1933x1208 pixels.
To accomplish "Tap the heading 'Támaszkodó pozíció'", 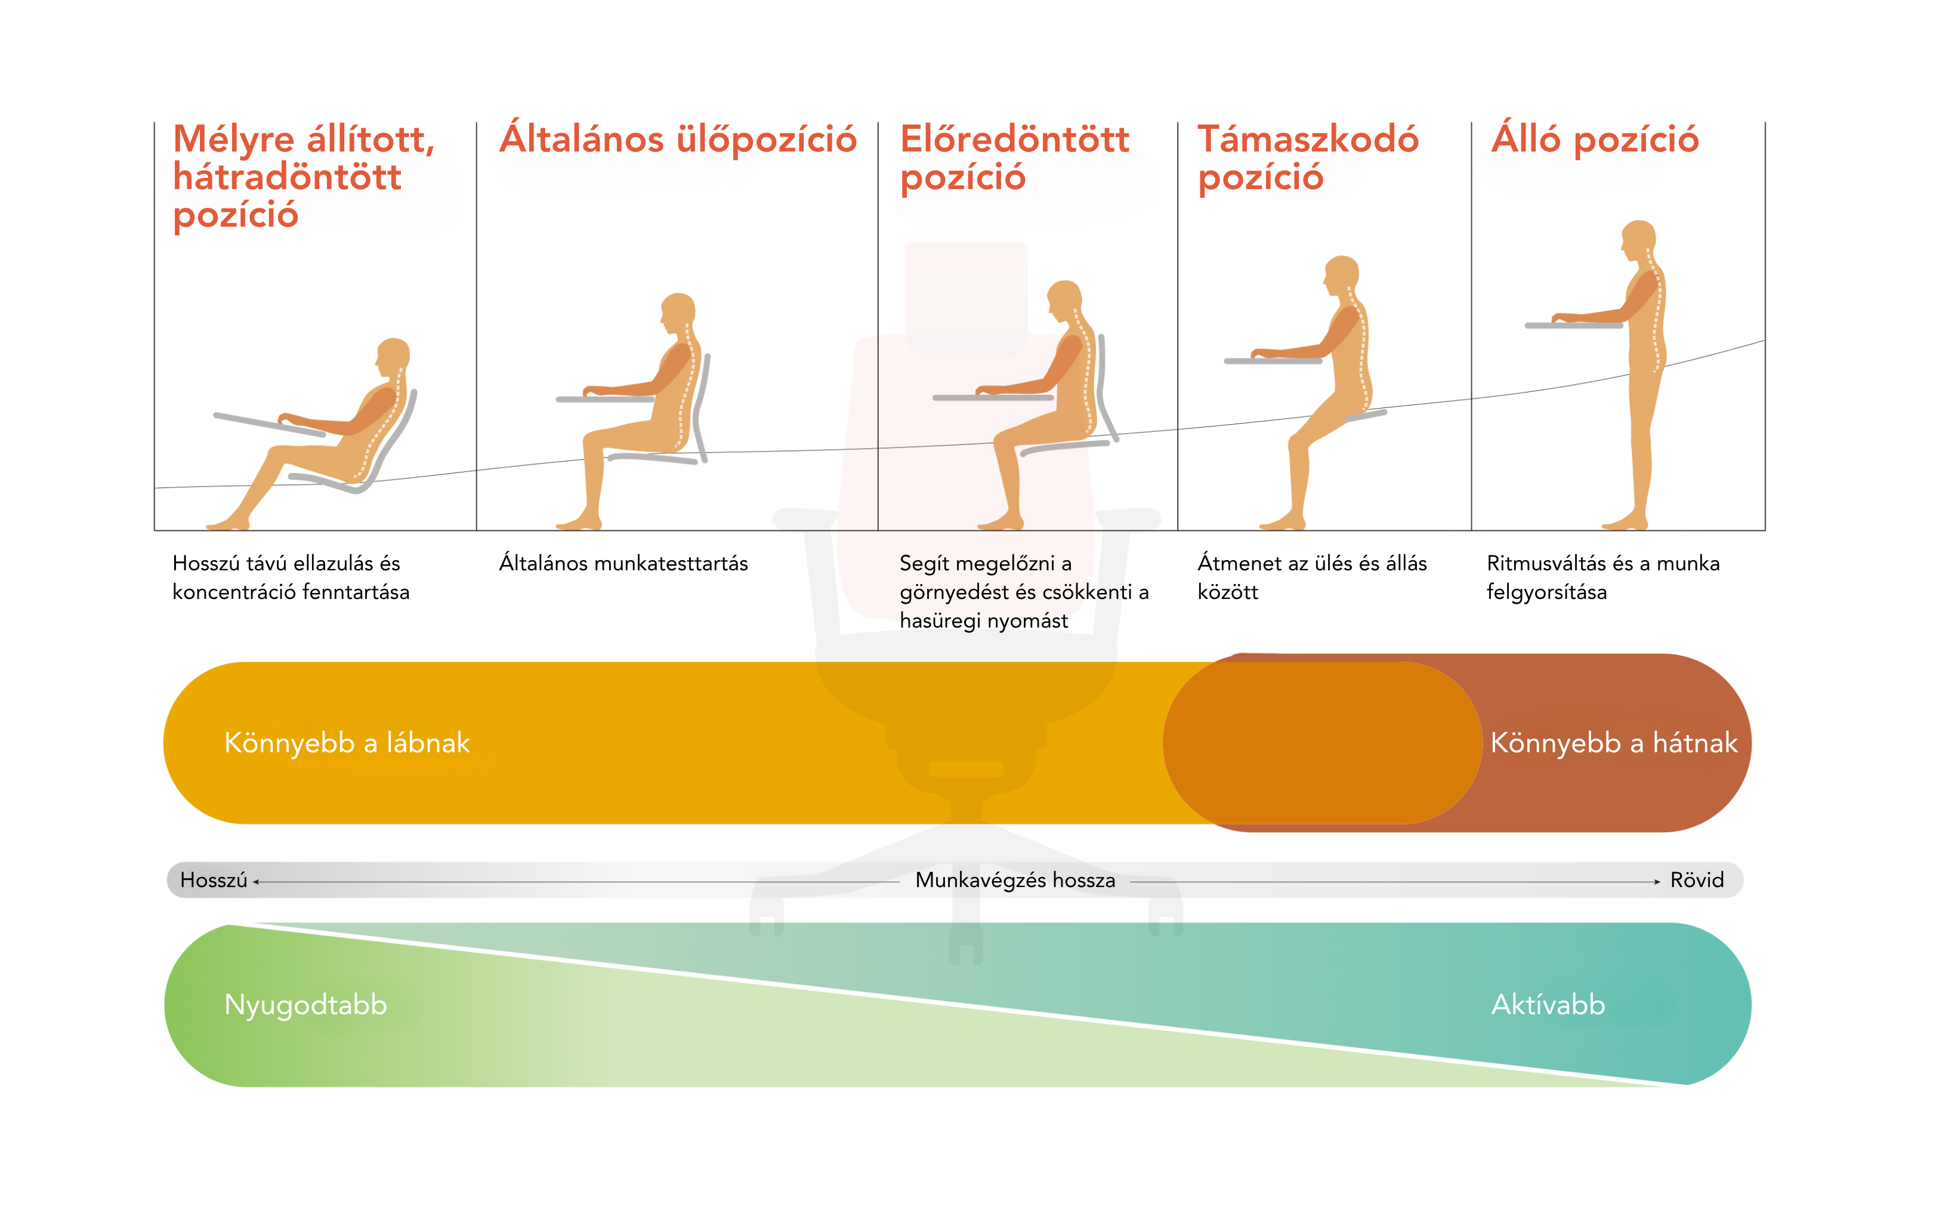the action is [1308, 158].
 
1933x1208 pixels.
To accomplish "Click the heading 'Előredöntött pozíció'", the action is [1014, 158].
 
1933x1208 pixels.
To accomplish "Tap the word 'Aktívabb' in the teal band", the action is [1548, 1004].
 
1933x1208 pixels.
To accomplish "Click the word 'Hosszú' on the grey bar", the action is [213, 880].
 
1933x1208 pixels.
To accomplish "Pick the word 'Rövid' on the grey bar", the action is [1697, 880].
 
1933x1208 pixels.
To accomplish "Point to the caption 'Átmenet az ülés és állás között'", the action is [1311, 577].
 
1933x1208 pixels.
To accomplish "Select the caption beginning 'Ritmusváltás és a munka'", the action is [1602, 577].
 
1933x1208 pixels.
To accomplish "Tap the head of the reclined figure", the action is [393, 356].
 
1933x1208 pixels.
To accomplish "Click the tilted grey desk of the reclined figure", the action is [269, 424].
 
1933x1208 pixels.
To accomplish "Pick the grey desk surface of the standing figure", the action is [1574, 325].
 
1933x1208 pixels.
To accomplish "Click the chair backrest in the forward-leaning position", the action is [1107, 388].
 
